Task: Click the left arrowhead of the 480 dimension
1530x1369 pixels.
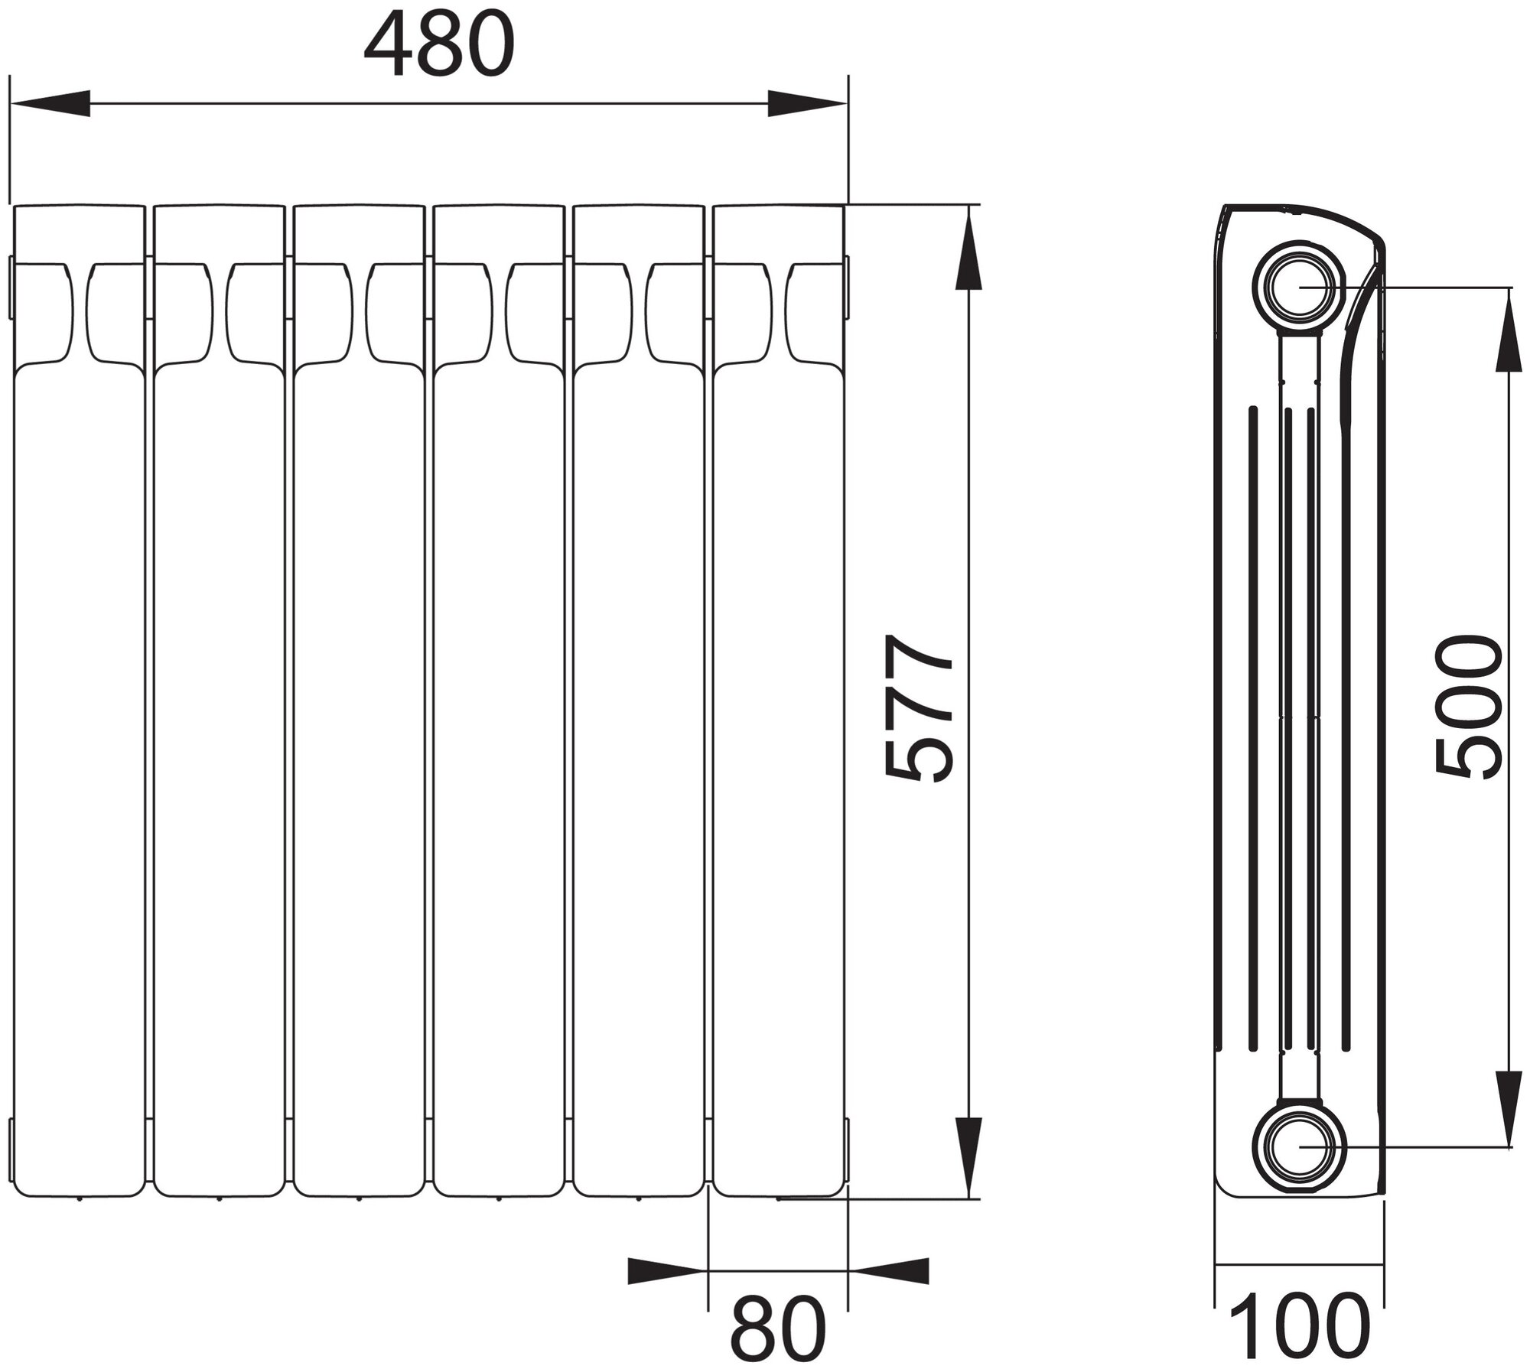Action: coord(50,103)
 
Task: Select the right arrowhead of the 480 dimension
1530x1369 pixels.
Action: coord(807,103)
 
